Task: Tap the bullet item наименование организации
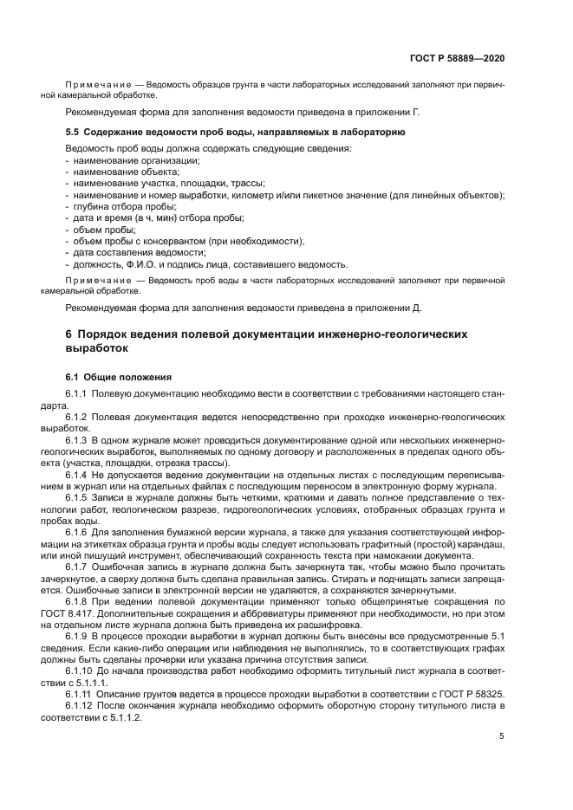click(x=136, y=161)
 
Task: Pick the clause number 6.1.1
click(x=79, y=394)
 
